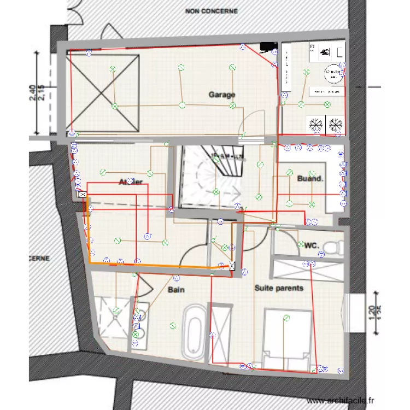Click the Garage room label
pyautogui.click(x=222, y=95)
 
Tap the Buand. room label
pyautogui.click(x=311, y=178)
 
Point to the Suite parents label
pyautogui.click(x=279, y=288)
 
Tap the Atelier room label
pyautogui.click(x=131, y=181)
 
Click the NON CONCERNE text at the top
pyautogui.click(x=211, y=10)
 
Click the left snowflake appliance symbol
pyautogui.click(x=315, y=124)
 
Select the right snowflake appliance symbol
pyautogui.click(x=335, y=124)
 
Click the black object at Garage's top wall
pyautogui.click(x=266, y=47)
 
